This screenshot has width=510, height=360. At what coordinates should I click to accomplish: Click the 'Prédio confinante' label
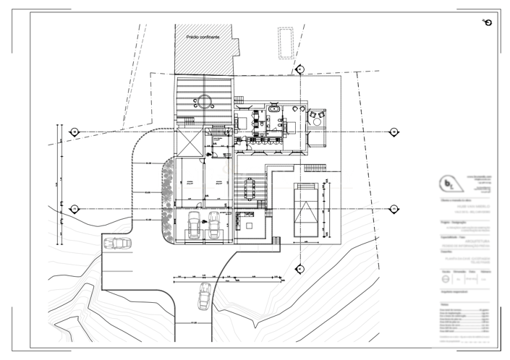203,36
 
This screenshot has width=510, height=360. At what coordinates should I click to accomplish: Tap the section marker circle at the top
299,69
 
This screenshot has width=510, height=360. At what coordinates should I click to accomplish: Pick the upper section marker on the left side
74,132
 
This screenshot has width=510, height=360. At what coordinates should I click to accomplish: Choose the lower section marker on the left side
74,209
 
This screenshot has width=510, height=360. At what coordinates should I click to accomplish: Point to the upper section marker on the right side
394,132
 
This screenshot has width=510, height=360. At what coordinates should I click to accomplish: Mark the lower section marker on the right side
394,209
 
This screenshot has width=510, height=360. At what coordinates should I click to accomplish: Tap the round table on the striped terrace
205,100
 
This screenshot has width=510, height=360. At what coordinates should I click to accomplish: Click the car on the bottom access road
205,295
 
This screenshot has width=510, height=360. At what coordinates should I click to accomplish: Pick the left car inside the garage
193,226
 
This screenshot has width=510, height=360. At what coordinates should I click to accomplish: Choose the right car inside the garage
214,226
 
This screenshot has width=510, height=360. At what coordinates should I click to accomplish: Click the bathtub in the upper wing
275,110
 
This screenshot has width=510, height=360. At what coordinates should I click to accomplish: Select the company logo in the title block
452,183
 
